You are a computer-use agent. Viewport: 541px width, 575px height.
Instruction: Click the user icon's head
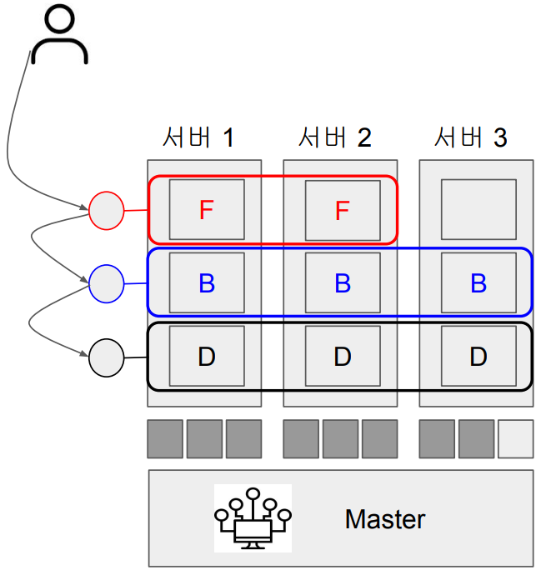[59, 21]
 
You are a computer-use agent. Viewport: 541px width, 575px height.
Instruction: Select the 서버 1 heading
[198, 137]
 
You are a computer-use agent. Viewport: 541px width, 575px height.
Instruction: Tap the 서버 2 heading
[333, 137]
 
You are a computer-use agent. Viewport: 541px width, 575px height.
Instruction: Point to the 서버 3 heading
[470, 137]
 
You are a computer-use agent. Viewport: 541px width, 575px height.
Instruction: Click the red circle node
[106, 210]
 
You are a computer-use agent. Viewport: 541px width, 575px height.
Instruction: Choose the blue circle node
[106, 283]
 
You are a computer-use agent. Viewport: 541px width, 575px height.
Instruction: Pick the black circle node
[106, 357]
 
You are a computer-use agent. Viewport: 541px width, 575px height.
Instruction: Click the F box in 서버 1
[207, 210]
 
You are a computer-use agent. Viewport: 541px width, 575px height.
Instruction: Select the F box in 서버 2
[342, 210]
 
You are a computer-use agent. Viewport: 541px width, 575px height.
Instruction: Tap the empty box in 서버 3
[478, 210]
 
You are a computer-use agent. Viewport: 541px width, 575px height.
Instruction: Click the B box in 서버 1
[207, 283]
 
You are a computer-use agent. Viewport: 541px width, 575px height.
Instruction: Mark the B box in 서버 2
[342, 283]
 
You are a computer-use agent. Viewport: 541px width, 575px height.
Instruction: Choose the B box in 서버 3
[478, 283]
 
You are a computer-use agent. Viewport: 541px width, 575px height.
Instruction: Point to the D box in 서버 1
[207, 357]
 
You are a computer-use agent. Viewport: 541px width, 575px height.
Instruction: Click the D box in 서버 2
[342, 357]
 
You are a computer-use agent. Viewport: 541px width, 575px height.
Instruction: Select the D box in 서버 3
[478, 357]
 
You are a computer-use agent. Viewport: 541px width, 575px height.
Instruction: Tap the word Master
[384, 520]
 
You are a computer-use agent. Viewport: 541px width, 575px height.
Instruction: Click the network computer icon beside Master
[253, 518]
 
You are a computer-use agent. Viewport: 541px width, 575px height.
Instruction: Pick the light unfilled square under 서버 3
[515, 439]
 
